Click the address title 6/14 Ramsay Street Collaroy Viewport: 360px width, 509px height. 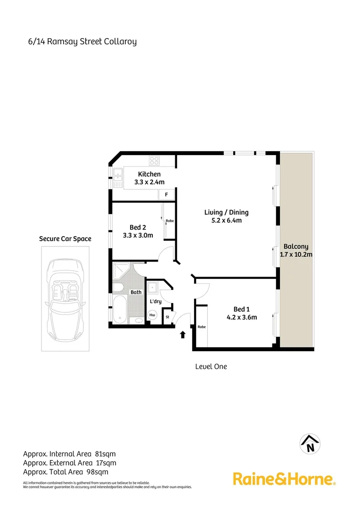coord(82,41)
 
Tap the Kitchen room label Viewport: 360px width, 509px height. coord(149,174)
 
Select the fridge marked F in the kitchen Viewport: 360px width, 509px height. coord(166,194)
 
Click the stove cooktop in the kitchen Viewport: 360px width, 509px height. coord(154,161)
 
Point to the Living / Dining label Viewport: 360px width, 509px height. coord(226,212)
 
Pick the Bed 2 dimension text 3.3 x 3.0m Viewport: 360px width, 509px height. coord(138,235)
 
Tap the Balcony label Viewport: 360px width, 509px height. coord(296,246)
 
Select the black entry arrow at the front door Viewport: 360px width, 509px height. coord(183,335)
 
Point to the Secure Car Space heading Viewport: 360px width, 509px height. coord(65,239)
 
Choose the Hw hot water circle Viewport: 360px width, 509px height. coord(152,315)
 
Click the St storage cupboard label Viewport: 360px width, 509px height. coord(167,317)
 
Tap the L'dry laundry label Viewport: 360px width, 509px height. coord(155,301)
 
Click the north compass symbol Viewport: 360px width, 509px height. coord(310,443)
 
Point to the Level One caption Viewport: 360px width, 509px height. coord(211,366)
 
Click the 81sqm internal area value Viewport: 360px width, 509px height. coord(105,454)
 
